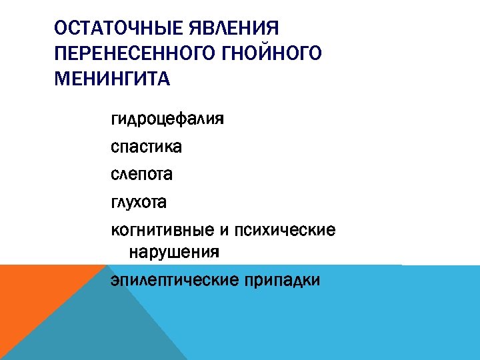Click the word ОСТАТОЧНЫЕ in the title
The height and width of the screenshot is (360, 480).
tap(119, 29)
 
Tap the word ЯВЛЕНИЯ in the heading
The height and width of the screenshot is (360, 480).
tap(235, 29)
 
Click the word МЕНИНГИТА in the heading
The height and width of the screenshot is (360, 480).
tap(113, 79)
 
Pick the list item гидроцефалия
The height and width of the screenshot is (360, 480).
tap(167, 121)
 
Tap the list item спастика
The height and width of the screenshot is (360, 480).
tap(146, 147)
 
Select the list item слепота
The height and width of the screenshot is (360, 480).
tap(142, 175)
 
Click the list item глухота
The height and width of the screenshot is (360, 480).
tap(139, 201)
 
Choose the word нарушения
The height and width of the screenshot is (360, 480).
tap(173, 253)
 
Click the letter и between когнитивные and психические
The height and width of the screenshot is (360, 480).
tap(223, 231)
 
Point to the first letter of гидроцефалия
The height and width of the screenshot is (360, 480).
tap(115, 122)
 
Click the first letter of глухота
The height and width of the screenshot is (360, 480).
tap(114, 202)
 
